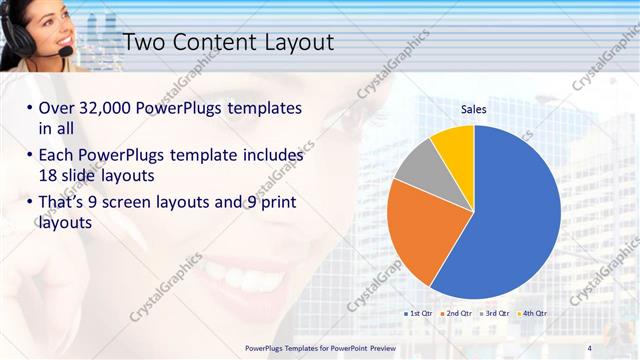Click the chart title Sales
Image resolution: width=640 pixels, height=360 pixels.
(473, 109)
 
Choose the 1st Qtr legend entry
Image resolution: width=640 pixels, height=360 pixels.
(417, 313)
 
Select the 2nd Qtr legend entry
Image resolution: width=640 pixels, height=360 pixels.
(456, 313)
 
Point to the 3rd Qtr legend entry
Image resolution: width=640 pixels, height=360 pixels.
(494, 313)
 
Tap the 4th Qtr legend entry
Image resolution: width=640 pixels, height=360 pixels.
(532, 313)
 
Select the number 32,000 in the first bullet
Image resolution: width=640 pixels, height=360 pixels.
(109, 108)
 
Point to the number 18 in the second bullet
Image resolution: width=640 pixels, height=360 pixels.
(49, 176)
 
